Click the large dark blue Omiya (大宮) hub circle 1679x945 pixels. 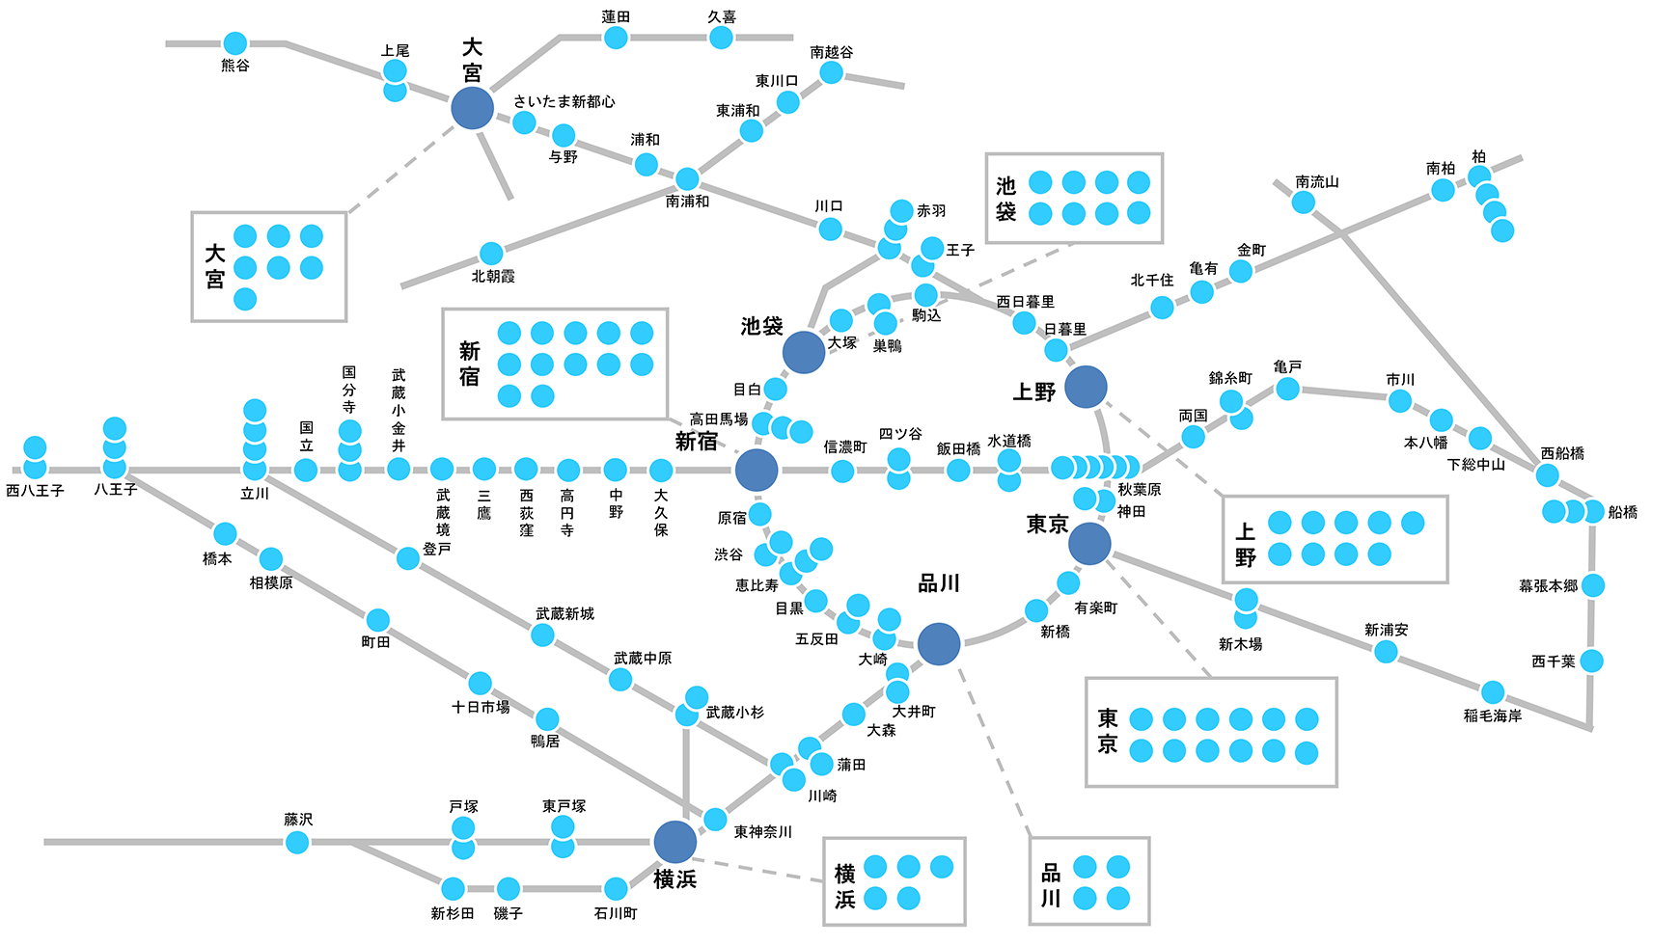472,108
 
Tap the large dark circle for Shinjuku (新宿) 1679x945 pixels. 757,471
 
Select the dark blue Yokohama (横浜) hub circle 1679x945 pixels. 674,842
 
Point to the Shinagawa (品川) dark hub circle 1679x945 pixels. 939,644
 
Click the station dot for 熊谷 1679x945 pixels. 234,43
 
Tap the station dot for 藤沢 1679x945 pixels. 297,842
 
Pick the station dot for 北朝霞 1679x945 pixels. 491,254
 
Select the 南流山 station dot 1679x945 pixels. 1303,202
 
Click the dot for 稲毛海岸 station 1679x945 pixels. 1492,691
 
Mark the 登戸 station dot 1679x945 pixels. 408,558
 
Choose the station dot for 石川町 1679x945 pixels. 616,888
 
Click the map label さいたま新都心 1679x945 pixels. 564,101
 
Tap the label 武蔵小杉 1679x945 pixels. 734,713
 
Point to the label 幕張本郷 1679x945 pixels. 1548,585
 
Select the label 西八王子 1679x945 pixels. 35,491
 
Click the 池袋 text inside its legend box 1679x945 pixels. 1005,199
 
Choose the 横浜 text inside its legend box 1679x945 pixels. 844,886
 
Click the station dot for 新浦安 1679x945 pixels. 1386,652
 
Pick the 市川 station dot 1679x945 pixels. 1399,401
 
